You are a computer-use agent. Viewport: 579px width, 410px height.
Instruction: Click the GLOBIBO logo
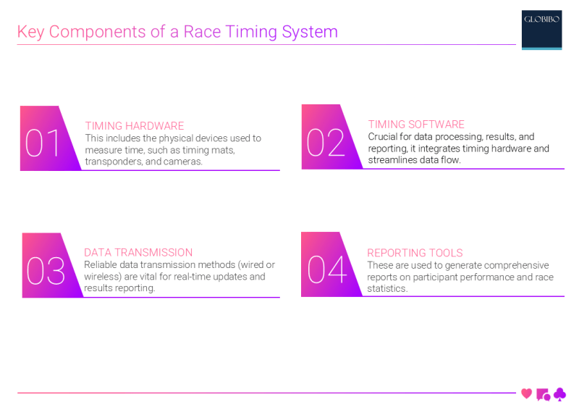coord(541,29)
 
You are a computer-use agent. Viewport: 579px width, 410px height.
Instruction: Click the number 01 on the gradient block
coord(44,143)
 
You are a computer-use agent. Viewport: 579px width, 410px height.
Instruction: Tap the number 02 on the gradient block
coord(326,143)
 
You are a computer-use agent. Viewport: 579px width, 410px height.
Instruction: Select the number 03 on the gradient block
coord(46,271)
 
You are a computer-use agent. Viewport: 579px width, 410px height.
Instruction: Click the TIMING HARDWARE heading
coord(135,126)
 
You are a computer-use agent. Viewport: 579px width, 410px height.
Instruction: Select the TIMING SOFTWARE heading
coord(416,125)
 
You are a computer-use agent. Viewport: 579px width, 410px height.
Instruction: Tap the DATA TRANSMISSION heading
coord(138,253)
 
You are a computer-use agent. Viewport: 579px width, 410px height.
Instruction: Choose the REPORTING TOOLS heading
coord(415,253)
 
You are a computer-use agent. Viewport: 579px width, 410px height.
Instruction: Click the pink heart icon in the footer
coord(526,394)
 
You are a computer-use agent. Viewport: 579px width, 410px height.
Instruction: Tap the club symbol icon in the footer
coord(559,395)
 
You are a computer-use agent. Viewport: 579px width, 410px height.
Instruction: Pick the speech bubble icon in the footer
coord(543,395)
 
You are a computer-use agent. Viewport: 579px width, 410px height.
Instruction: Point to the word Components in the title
coord(104,32)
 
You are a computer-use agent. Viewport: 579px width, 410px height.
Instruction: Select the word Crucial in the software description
coord(385,137)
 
